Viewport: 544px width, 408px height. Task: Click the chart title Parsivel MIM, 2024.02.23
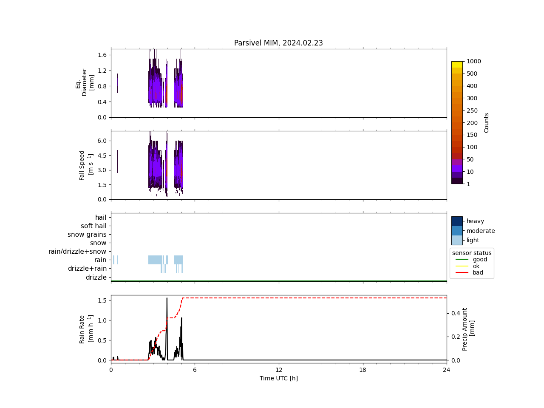278,43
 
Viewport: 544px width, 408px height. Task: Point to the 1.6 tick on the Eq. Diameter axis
102,55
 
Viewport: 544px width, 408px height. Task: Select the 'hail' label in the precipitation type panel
101,218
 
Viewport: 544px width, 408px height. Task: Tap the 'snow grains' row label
87,235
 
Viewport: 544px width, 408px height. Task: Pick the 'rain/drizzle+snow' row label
77,252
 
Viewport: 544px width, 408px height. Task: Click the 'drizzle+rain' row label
87,269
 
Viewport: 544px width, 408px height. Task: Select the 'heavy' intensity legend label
475,221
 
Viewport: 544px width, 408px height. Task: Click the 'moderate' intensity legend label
481,231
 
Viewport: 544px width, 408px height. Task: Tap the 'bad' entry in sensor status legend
478,273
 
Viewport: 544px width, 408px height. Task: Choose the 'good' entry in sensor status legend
480,259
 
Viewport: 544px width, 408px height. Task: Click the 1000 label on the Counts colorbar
474,61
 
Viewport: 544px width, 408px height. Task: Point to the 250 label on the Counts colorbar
472,110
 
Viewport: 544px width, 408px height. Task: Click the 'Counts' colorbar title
487,122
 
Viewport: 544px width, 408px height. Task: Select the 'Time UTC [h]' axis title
278,378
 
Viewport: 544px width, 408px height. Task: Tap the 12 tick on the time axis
279,370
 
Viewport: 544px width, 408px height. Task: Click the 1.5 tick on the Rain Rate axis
102,300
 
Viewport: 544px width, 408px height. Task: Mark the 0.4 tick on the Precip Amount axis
456,313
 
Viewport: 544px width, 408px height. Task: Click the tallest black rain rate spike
167,299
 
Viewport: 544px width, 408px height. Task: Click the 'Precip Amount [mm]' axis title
468,329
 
